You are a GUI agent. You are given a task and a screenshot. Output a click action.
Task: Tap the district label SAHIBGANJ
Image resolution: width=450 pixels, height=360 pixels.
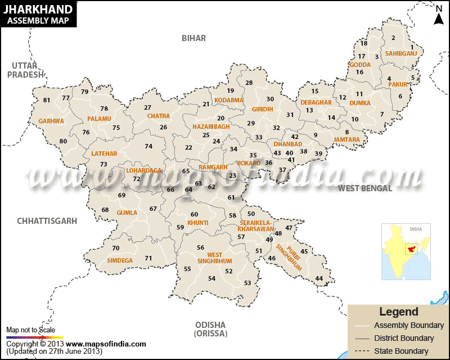pyautogui.click(x=397, y=54)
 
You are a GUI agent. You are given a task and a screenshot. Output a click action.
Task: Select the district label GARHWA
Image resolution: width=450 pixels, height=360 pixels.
pyautogui.click(x=51, y=121)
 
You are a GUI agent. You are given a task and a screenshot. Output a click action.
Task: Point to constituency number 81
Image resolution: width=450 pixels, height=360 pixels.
pyautogui.click(x=47, y=101)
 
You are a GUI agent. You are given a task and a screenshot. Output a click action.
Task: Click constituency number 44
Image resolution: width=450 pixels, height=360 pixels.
pyautogui.click(x=319, y=279)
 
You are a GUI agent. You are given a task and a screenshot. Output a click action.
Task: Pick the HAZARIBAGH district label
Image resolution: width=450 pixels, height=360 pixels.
pyautogui.click(x=211, y=127)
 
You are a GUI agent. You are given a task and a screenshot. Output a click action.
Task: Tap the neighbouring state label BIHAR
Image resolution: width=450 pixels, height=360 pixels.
pyautogui.click(x=193, y=38)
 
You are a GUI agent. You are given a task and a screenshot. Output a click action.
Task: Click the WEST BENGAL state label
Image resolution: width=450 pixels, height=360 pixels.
pyautogui.click(x=364, y=188)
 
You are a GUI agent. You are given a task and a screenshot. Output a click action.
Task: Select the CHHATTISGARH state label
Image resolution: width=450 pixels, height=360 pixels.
pyautogui.click(x=47, y=221)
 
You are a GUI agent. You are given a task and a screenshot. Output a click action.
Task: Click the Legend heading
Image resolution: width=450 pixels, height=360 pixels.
pyautogui.click(x=399, y=312)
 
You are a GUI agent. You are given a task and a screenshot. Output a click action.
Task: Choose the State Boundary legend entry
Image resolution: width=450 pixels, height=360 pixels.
pyautogui.click(x=401, y=351)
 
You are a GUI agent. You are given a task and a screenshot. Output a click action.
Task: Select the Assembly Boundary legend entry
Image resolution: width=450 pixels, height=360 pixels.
pyautogui.click(x=408, y=325)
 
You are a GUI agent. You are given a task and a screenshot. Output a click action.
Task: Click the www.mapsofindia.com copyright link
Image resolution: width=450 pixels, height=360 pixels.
pyautogui.click(x=106, y=344)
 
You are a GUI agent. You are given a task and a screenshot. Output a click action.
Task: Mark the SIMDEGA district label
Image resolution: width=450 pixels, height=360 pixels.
pyautogui.click(x=120, y=260)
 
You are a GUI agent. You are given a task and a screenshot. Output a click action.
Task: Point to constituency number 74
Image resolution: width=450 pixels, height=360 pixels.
pyautogui.click(x=148, y=146)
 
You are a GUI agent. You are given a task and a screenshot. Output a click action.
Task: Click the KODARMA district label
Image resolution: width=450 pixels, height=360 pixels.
pyautogui.click(x=229, y=100)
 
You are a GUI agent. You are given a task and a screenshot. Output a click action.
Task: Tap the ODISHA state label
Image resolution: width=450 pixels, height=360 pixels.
pyautogui.click(x=210, y=325)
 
